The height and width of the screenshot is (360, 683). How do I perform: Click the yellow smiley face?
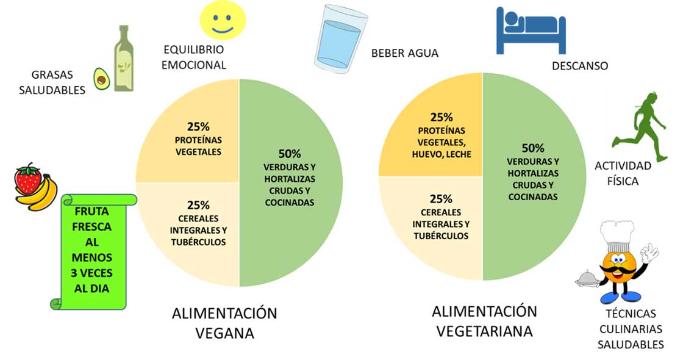pos(223,20)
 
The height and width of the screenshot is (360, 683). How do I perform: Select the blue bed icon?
pos(531,31)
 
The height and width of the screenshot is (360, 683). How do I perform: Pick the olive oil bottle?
pos(124,58)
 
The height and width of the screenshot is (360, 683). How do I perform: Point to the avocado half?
pos(101,79)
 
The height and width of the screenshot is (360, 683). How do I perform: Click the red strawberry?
pos(28,179)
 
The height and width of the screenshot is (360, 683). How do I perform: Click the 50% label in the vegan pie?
pos(290,154)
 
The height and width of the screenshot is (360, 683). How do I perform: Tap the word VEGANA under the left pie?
pos(225,333)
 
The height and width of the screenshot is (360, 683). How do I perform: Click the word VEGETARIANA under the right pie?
pos(484,331)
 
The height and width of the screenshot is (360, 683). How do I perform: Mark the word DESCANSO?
pos(580,66)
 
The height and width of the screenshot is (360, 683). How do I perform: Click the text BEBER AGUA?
pos(405,53)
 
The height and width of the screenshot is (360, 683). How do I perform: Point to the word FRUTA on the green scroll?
pos(91,211)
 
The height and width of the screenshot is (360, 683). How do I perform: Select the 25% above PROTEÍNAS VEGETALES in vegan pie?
pos(198,127)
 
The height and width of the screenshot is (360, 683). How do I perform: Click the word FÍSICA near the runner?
pos(623,181)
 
